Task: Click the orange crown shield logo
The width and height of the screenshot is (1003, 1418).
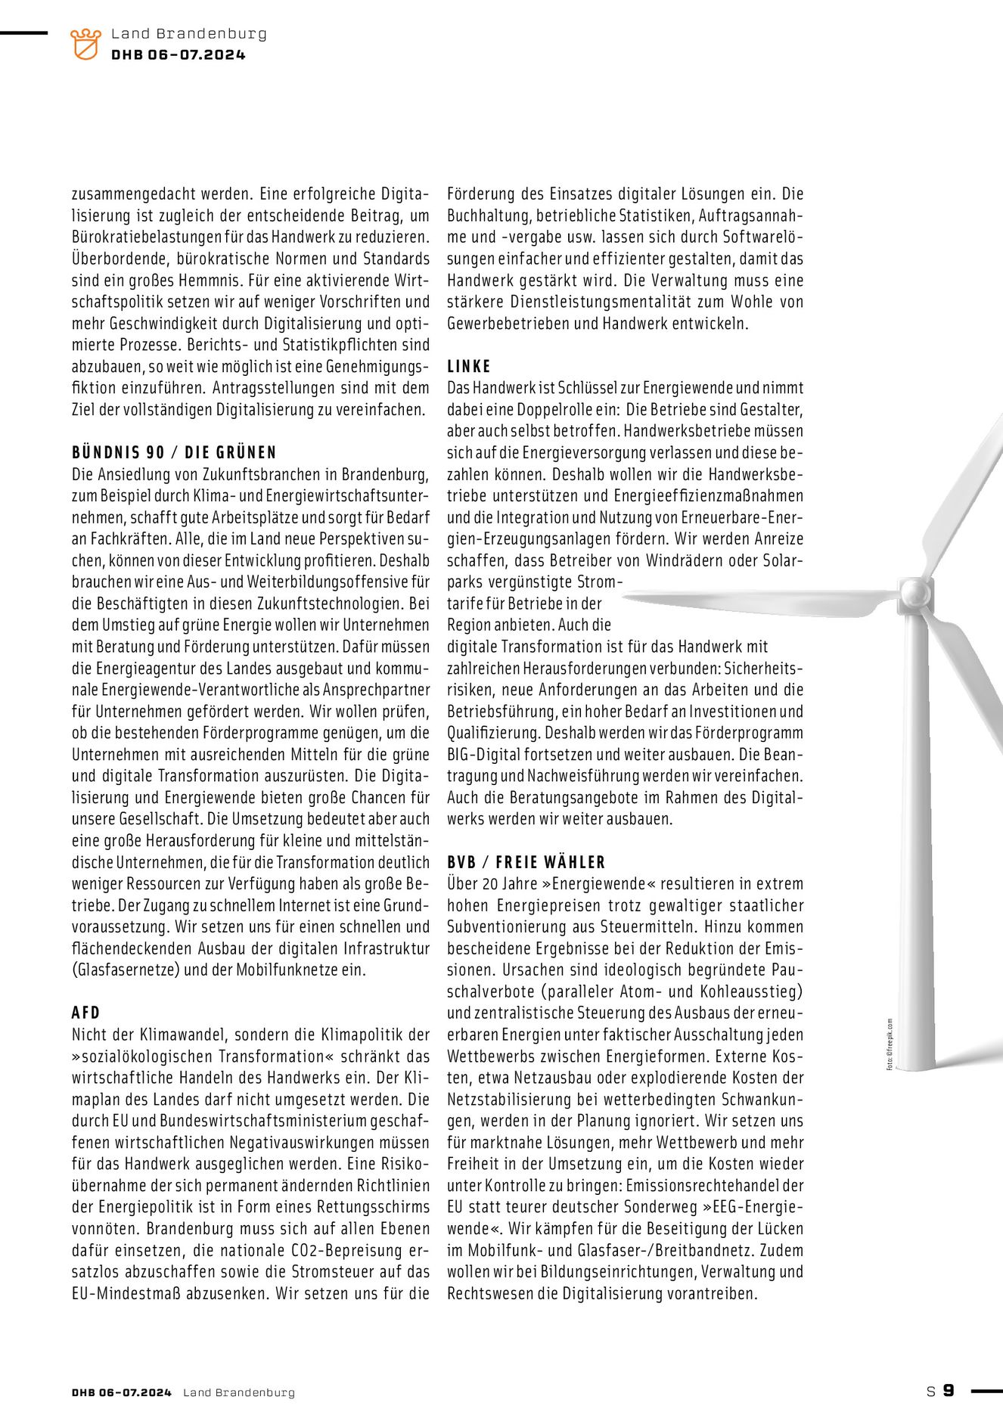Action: coord(85,44)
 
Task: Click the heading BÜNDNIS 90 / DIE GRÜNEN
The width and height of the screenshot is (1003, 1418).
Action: coord(174,452)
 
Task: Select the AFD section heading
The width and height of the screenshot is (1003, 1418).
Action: coord(85,1013)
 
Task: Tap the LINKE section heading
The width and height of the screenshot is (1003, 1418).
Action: coord(469,366)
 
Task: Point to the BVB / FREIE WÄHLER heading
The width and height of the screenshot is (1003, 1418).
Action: coord(526,862)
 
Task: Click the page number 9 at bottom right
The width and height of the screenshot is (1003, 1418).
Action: coord(949,1390)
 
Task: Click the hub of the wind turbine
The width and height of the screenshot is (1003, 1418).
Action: coord(914,592)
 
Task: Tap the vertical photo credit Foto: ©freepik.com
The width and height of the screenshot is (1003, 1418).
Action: coord(890,1044)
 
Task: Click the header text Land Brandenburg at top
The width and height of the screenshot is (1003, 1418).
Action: coord(188,34)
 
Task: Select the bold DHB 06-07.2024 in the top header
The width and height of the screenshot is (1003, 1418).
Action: coord(178,54)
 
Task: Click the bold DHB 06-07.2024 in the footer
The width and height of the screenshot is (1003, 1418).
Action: coord(122,1392)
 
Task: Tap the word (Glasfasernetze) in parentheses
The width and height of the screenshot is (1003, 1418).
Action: coord(126,970)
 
